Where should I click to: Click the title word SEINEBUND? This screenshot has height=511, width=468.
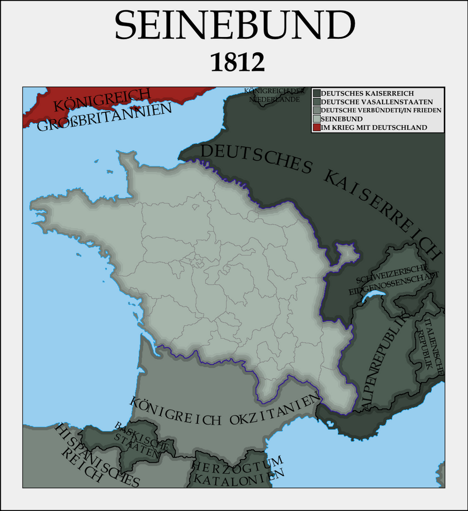point(234,25)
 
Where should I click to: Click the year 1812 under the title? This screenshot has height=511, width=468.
point(237,63)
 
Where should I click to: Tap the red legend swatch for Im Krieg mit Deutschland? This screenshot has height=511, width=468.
point(316,128)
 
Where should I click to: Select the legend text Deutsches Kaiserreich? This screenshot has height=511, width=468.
point(367,93)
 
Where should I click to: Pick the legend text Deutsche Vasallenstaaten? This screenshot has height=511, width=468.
point(377,102)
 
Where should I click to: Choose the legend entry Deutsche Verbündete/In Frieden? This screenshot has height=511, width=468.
point(381,110)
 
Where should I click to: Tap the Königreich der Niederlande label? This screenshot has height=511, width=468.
point(274,95)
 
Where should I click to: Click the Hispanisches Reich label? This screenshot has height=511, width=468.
point(91,457)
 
